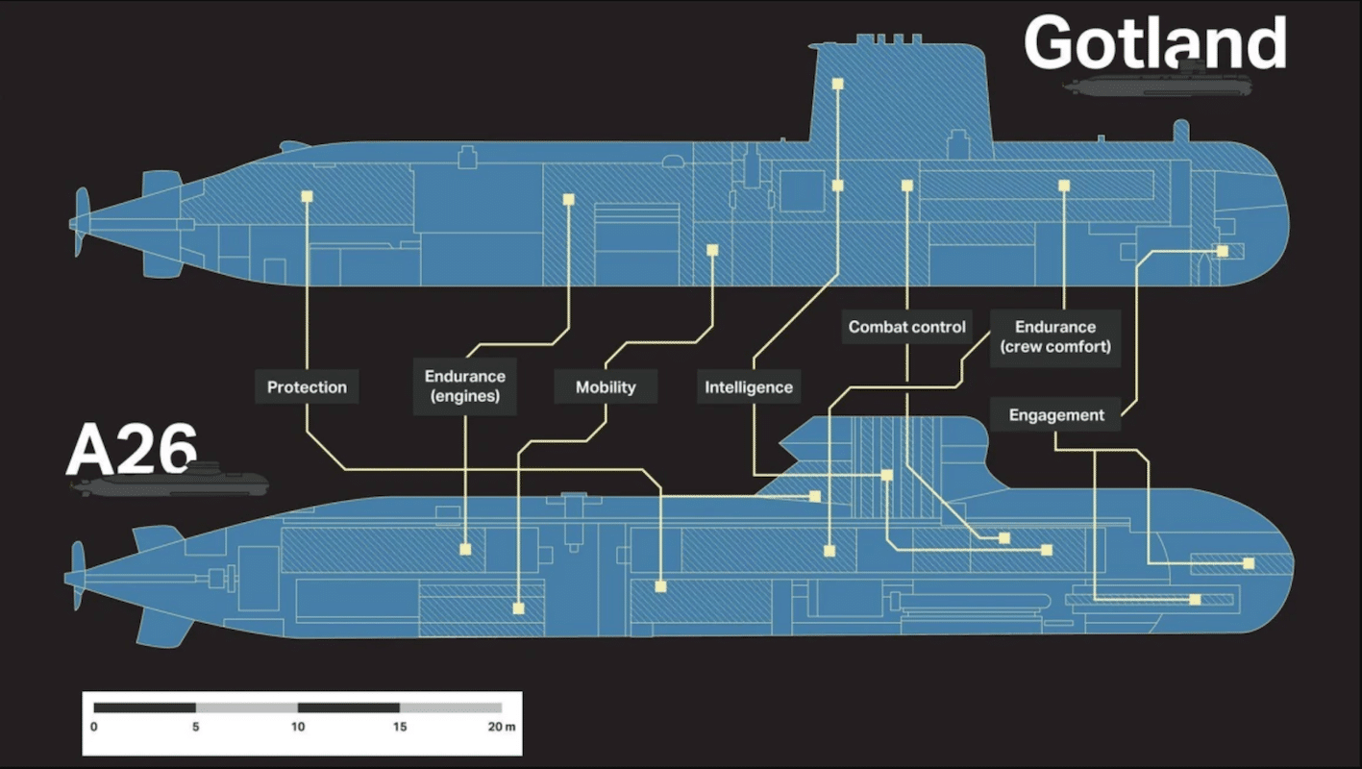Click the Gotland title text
pyautogui.click(x=1154, y=43)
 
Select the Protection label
pyautogui.click(x=307, y=387)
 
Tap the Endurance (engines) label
pyautogui.click(x=464, y=386)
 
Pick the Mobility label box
pyautogui.click(x=606, y=387)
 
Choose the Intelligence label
pyautogui.click(x=749, y=387)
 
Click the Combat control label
pyautogui.click(x=906, y=327)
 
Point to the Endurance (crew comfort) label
pyautogui.click(x=1055, y=336)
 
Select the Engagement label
pyautogui.click(x=1056, y=415)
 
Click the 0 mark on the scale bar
pyautogui.click(x=94, y=727)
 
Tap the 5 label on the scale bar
pyautogui.click(x=196, y=727)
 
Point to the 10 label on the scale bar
pyautogui.click(x=298, y=727)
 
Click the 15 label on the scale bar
pyautogui.click(x=400, y=727)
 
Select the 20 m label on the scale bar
pyautogui.click(x=501, y=727)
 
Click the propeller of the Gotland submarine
pyautogui.click(x=80, y=222)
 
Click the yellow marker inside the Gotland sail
pyautogui.click(x=837, y=85)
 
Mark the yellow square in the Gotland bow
pyautogui.click(x=1222, y=251)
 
